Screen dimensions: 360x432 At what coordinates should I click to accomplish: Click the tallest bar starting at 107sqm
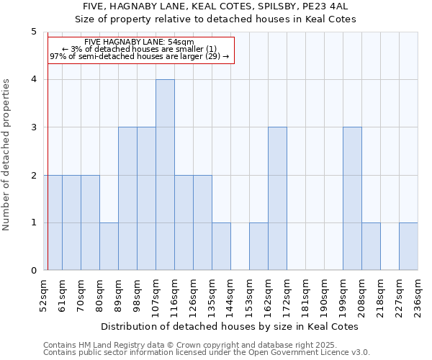pos(165,175)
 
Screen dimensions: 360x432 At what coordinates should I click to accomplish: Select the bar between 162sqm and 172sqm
pos(277,199)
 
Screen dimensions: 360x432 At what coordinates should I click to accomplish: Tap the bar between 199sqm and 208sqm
pos(352,199)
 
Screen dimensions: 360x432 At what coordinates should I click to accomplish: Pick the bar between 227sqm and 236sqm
pos(408,246)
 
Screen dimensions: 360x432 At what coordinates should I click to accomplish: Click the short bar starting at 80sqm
pos(109,246)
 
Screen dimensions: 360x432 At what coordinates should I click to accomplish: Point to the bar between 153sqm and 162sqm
pos(258,246)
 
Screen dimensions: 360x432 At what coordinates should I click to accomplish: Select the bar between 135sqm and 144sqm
pos(221,246)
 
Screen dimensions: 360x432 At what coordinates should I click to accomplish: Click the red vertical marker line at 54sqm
pos(48,151)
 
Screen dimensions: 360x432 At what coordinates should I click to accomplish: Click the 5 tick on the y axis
pos(34,32)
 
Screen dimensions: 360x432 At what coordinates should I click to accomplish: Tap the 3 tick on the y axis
pos(34,127)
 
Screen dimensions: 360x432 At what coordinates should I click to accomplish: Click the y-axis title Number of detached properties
pos(7,151)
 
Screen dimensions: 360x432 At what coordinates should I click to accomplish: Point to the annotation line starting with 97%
pos(139,56)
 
